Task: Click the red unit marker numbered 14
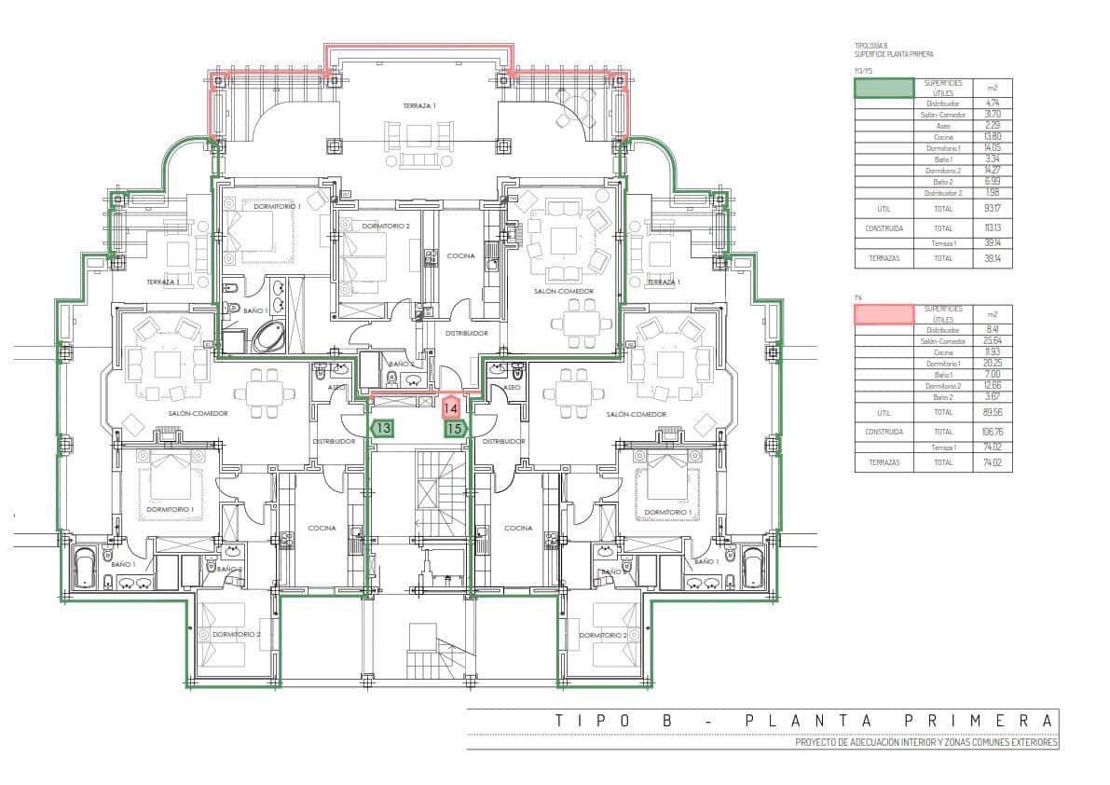(x=451, y=407)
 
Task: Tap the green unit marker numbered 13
(x=382, y=428)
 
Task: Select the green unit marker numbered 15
(x=454, y=429)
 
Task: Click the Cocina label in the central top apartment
(x=460, y=255)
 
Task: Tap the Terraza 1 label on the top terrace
(x=419, y=106)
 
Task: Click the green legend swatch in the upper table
(x=884, y=89)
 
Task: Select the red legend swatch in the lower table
(x=884, y=314)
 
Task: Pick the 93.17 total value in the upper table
(x=992, y=209)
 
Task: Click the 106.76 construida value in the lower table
(x=992, y=432)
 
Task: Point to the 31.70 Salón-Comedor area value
(x=992, y=115)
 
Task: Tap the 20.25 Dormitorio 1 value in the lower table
(x=992, y=364)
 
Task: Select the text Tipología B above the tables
(x=871, y=46)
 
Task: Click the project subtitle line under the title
(x=926, y=743)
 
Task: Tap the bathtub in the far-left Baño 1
(x=85, y=568)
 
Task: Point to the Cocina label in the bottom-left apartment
(x=322, y=528)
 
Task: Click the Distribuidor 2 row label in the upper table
(x=942, y=193)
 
